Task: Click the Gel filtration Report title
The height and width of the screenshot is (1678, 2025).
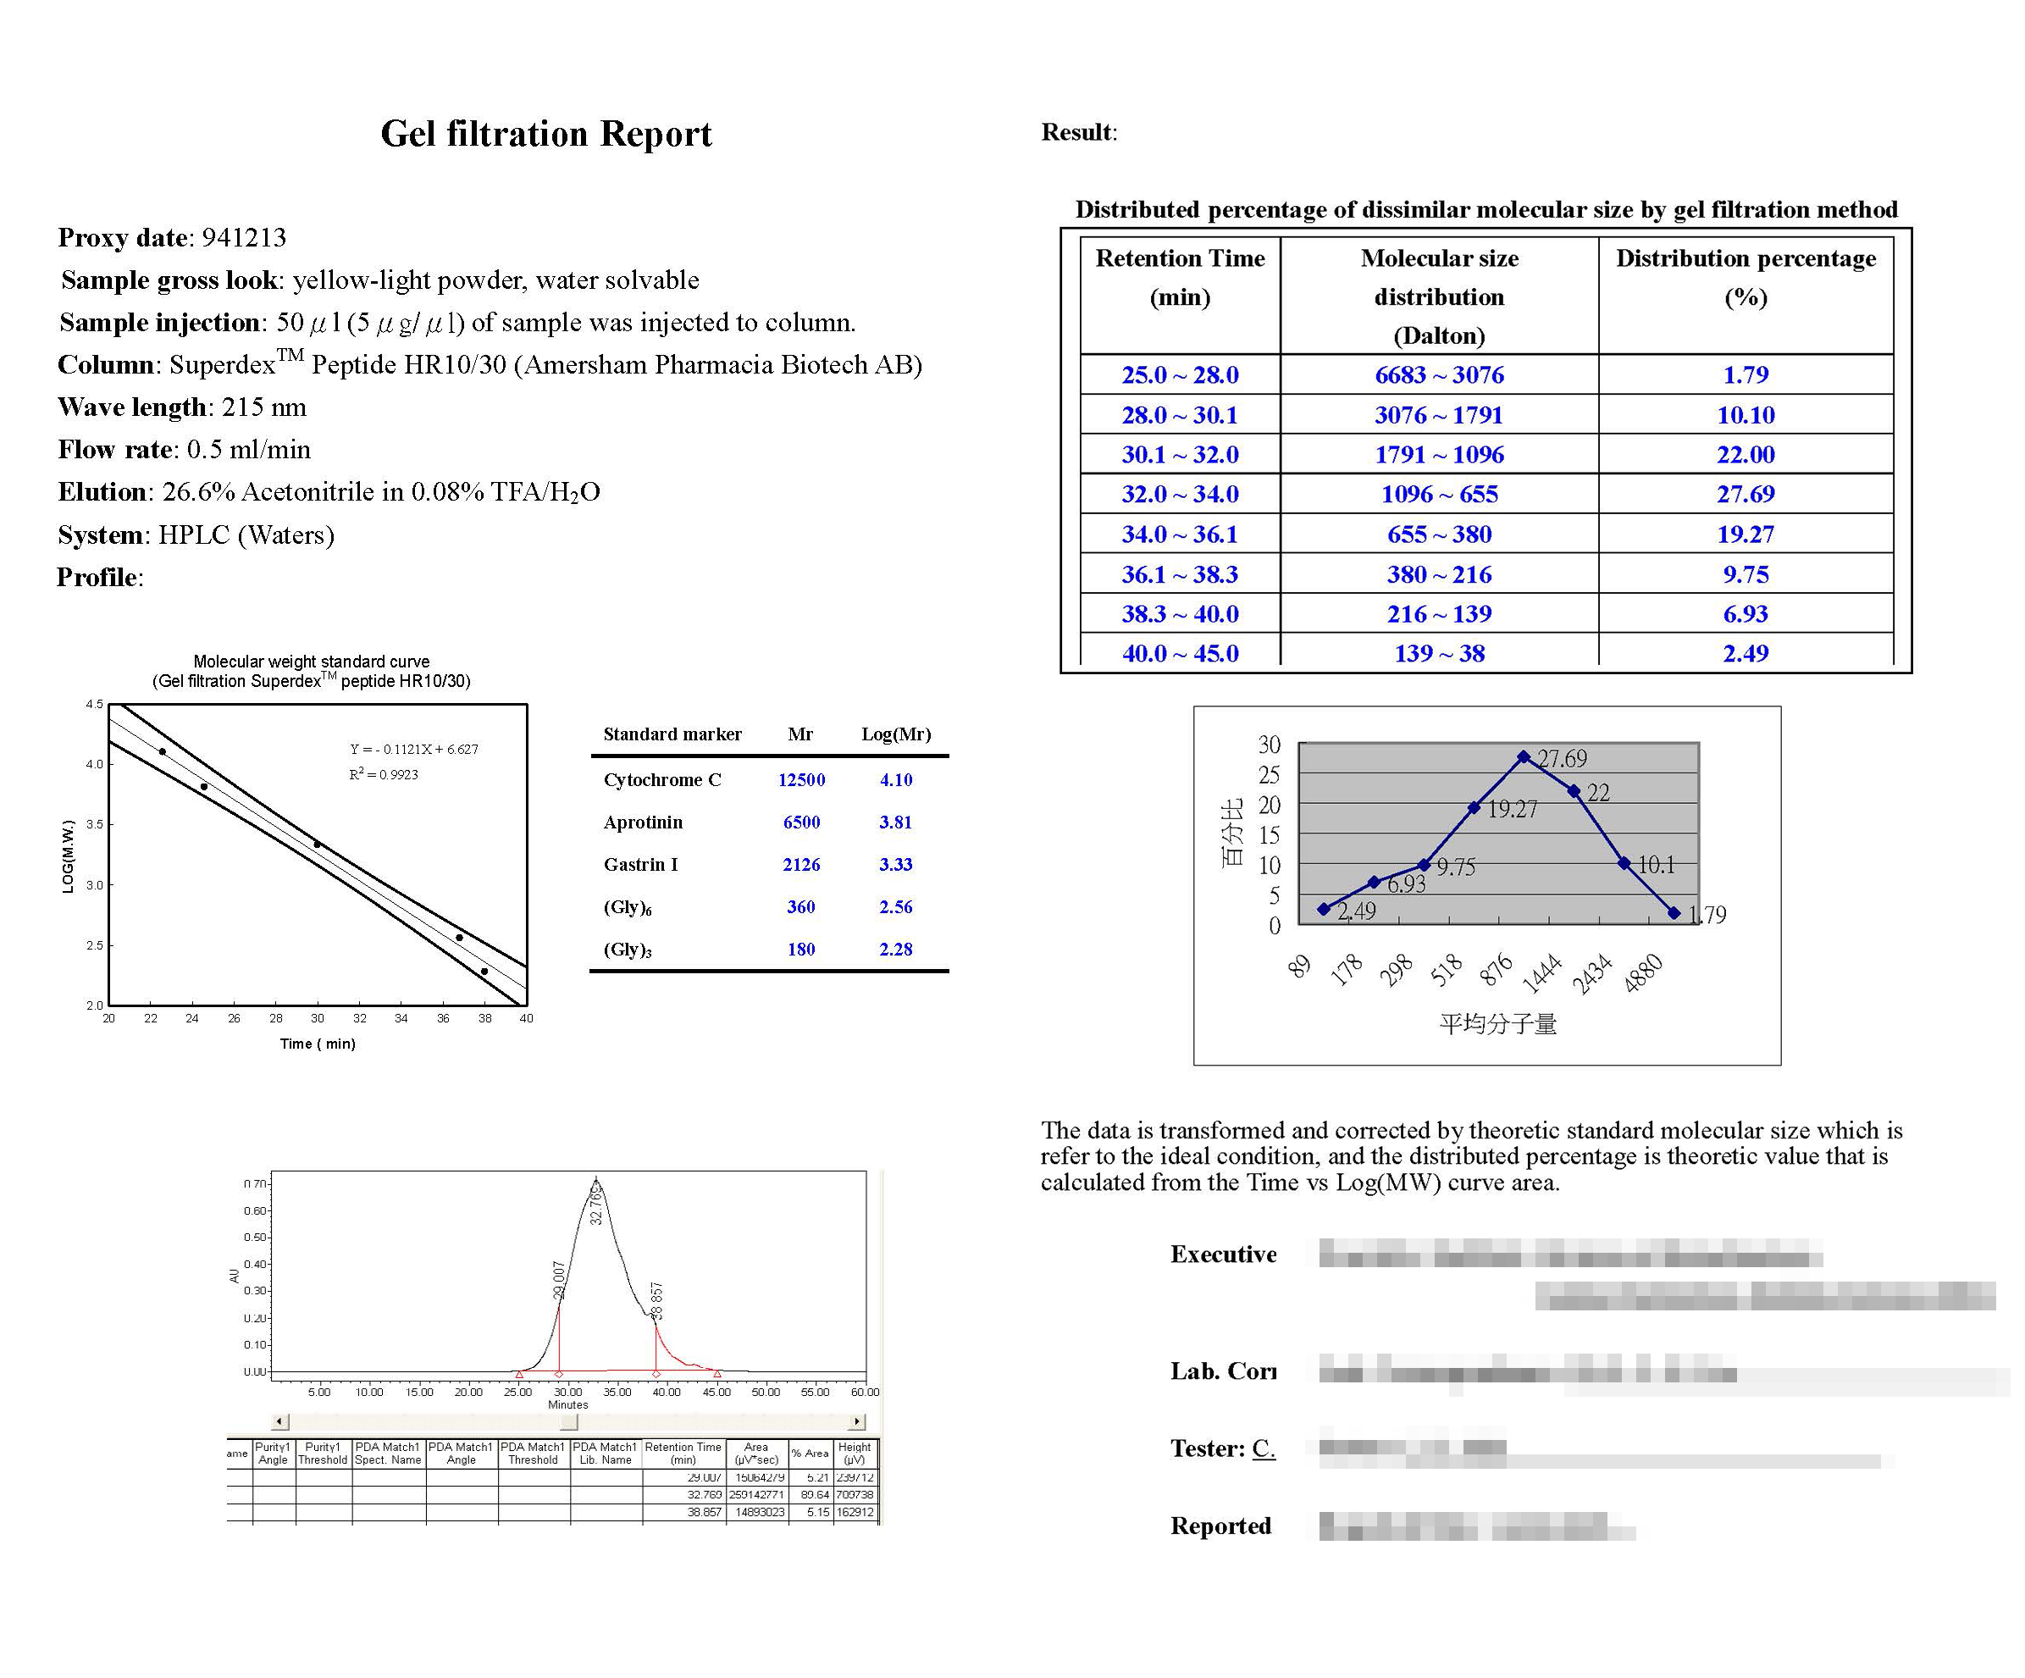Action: point(545,134)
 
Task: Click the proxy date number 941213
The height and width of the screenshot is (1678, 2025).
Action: point(244,237)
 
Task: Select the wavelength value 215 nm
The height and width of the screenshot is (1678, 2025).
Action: point(263,407)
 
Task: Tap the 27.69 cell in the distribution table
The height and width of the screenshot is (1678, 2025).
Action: point(1745,494)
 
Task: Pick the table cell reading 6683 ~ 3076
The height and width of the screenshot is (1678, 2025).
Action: point(1439,374)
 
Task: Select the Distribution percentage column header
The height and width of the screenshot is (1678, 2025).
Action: point(1746,258)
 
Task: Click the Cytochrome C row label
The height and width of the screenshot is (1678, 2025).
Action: point(661,779)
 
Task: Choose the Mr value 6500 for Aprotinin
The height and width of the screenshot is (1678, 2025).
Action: point(801,822)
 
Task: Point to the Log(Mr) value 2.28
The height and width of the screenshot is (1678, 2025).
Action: point(895,949)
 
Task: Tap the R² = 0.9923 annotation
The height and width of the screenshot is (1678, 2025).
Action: point(384,774)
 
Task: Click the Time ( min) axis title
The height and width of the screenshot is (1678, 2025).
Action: point(318,1044)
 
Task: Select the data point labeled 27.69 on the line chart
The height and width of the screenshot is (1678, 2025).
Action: point(1524,757)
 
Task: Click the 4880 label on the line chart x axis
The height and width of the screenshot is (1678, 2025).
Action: point(1643,973)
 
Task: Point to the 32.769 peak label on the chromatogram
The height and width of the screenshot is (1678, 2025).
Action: point(596,1205)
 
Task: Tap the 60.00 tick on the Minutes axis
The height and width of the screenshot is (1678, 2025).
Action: point(865,1392)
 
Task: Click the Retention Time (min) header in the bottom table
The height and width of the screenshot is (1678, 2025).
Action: point(683,1454)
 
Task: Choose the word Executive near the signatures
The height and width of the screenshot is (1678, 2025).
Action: point(1223,1254)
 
